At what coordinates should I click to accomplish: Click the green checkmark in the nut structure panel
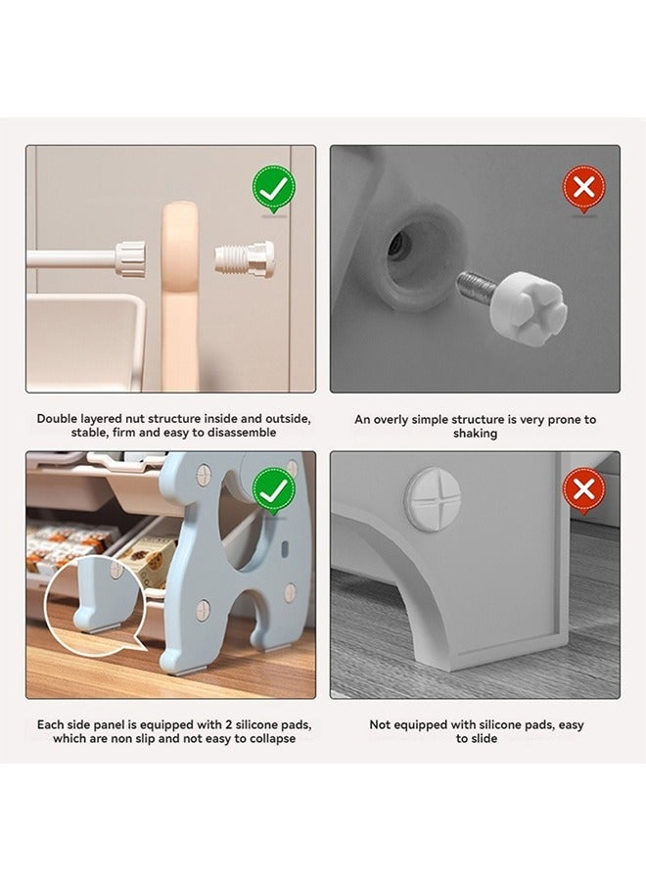coord(273,187)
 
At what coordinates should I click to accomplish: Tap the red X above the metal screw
coord(583,187)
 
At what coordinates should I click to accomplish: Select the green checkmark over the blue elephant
coord(273,490)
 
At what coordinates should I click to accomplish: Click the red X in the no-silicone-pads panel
coord(583,490)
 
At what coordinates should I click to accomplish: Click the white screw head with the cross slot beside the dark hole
coord(528,301)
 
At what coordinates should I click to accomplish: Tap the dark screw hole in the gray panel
coord(396,245)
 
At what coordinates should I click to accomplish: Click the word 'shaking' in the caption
coord(475,434)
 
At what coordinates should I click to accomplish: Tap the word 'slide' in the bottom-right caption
coord(484,738)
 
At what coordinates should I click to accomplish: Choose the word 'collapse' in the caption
coord(269,738)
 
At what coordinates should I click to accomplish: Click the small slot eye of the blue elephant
coord(285,547)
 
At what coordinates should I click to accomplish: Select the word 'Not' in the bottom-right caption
coord(379,724)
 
